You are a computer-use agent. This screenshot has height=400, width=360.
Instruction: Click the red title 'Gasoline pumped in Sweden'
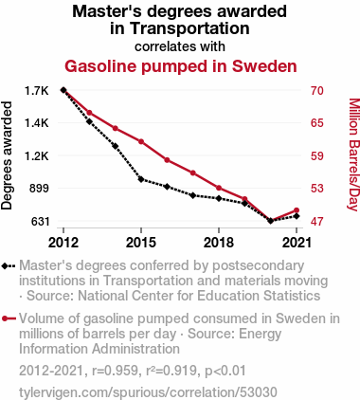coord(181,66)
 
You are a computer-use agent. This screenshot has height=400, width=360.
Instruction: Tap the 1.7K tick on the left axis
coord(37,91)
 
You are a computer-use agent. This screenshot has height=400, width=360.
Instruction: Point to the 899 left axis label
coord(39,189)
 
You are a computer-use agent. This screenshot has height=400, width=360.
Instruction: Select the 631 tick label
coord(40,222)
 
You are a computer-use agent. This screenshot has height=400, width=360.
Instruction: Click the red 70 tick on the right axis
coord(316,91)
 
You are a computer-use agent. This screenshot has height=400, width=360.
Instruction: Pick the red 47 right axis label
coord(316,222)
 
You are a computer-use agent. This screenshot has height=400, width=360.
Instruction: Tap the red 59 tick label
coord(316,156)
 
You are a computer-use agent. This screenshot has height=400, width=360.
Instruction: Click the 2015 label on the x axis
coord(141,243)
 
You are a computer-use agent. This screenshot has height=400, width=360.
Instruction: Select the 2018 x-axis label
coord(219,243)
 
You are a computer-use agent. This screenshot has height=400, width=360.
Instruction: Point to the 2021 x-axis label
coord(297,243)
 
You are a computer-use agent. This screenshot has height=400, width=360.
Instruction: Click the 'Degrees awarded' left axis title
coord(7,155)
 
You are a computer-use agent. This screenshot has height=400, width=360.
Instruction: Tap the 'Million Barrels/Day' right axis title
coord(354,155)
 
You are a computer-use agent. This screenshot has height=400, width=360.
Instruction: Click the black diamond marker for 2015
coord(141,179)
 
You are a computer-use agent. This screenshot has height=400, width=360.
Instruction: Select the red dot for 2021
coord(297,210)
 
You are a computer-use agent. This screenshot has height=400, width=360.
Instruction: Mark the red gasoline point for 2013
coord(89,113)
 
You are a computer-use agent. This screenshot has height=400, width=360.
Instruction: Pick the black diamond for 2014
coord(116,146)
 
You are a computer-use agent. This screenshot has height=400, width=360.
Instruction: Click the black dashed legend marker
coord(9,266)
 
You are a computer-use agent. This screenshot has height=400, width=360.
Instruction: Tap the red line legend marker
coord(9,318)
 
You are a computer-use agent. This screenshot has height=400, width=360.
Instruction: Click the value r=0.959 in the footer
coord(115,371)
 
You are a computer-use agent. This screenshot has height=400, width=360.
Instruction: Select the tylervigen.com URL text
coord(148,392)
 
